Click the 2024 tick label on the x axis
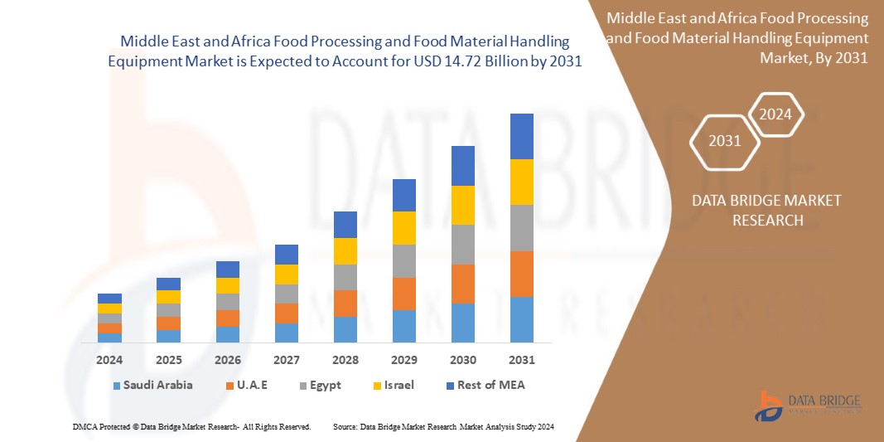click(109, 360)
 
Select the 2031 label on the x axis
click(522, 360)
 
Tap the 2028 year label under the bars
click(345, 360)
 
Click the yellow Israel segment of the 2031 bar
click(522, 182)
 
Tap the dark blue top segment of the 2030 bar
click(462, 166)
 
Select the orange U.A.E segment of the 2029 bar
click(403, 294)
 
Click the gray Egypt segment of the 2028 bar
click(345, 277)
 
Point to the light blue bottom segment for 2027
click(286, 333)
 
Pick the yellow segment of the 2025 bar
click(168, 297)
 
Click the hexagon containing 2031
click(725, 141)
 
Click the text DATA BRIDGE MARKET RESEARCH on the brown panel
click(755, 210)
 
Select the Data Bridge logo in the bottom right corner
click(808, 404)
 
